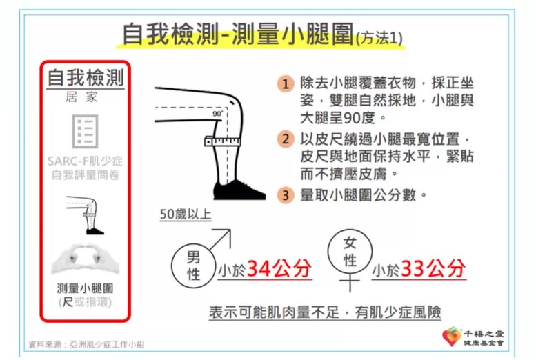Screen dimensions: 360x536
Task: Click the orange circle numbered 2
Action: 286,138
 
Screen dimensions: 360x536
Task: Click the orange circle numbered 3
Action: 286,194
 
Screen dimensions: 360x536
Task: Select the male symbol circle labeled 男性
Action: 193,265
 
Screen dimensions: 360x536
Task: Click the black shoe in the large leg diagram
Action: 239,189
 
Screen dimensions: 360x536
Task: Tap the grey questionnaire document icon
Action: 86,132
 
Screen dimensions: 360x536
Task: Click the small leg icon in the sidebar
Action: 86,214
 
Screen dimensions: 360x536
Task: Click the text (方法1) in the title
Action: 379,38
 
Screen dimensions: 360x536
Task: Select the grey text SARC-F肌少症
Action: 86,161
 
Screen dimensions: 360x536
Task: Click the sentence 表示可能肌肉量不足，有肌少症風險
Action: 326,312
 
